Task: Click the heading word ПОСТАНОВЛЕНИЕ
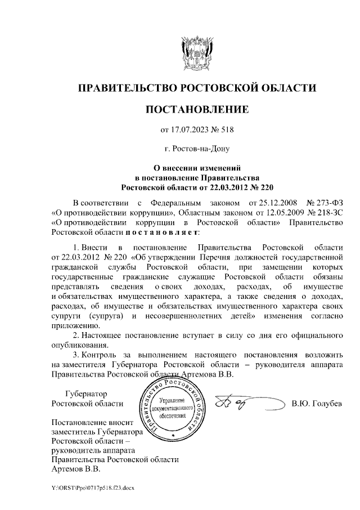[196, 109]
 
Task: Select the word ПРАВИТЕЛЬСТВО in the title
[127, 88]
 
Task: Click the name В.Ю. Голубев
[317, 404]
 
